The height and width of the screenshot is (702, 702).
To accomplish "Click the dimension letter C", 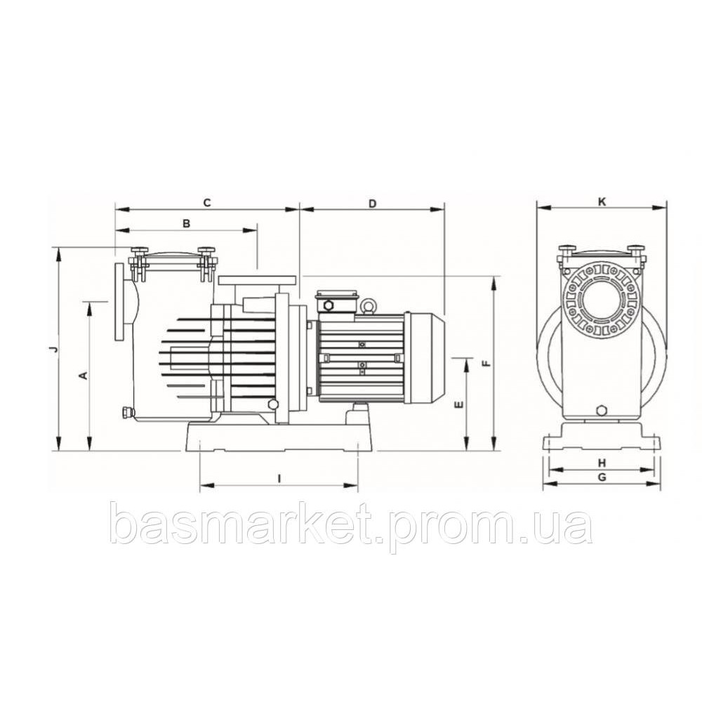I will pyautogui.click(x=207, y=203).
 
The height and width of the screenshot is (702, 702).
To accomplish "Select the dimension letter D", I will pyautogui.click(x=373, y=203).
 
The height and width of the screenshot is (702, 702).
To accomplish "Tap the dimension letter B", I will pyautogui.click(x=186, y=224).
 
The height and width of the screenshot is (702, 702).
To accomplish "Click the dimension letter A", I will pyautogui.click(x=83, y=376).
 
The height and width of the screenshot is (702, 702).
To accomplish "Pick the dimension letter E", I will pyautogui.click(x=458, y=405).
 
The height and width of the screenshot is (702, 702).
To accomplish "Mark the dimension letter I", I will pyautogui.click(x=279, y=478).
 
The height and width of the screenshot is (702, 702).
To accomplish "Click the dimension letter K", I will pyautogui.click(x=602, y=201).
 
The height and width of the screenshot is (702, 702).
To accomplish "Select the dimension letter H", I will pyautogui.click(x=602, y=463).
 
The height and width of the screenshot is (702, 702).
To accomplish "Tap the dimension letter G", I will pyautogui.click(x=602, y=477).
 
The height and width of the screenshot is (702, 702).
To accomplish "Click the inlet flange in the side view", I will pyautogui.click(x=118, y=302).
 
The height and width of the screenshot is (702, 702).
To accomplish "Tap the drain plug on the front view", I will pyautogui.click(x=602, y=410).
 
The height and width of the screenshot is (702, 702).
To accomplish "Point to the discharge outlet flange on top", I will pyautogui.click(x=256, y=280).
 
